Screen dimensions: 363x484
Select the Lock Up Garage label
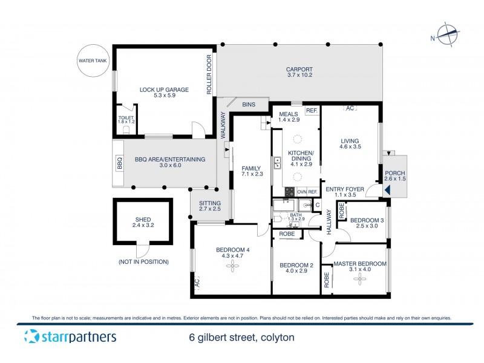click(x=164, y=93)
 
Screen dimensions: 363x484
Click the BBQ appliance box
click(x=119, y=163)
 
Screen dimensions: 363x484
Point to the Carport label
click(x=299, y=73)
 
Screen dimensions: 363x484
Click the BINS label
click(x=249, y=105)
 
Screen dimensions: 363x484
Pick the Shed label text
click(x=144, y=224)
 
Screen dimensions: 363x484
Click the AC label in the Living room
click(x=349, y=109)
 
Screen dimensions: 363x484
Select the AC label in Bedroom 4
click(x=197, y=283)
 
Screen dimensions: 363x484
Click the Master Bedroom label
click(x=359, y=264)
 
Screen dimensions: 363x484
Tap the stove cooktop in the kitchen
click(x=289, y=192)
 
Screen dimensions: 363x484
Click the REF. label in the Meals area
click(x=311, y=111)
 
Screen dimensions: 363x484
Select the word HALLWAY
click(x=329, y=222)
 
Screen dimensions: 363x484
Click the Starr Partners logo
click(x=70, y=337)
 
